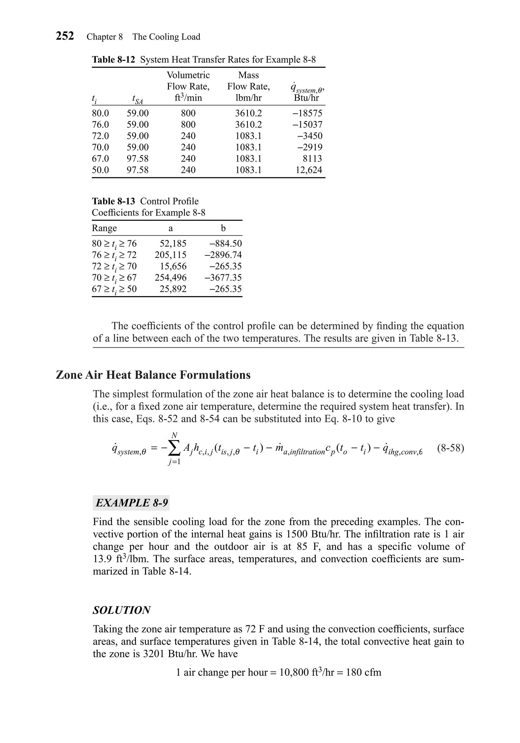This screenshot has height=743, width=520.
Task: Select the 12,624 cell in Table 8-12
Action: [309, 170]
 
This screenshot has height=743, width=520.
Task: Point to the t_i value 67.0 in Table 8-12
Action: [100, 158]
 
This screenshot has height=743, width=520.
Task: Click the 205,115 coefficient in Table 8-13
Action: [171, 255]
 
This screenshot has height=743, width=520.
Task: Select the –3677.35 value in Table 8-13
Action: [223, 278]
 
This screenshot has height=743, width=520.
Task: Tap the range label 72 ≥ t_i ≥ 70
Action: [114, 267]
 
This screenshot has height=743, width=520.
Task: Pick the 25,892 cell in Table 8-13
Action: [173, 289]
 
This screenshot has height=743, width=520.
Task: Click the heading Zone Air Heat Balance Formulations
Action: [153, 375]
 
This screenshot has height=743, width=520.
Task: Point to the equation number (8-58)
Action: [450, 448]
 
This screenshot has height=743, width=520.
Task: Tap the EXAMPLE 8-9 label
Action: [131, 503]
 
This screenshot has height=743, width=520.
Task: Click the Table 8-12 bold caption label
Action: [113, 59]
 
